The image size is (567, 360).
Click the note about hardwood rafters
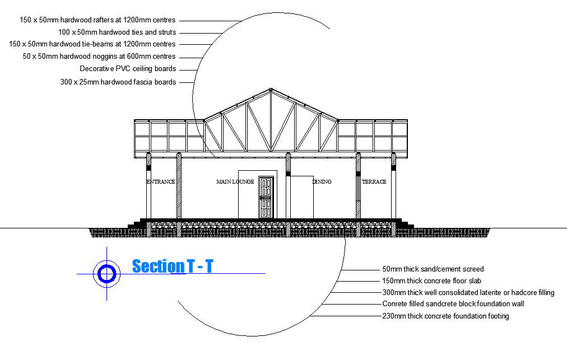pos(97,20)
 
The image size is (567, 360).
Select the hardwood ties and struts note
pos(117,32)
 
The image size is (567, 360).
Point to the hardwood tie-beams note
pos(92,44)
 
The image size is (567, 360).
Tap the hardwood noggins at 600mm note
pos(99,56)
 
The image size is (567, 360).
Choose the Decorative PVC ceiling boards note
pos(128,69)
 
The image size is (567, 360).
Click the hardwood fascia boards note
pos(118,82)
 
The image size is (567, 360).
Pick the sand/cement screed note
pos(433,269)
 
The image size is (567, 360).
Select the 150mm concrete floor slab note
pos(431,281)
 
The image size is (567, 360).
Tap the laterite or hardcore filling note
pos(468,293)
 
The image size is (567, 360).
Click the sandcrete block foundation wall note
pos(453,304)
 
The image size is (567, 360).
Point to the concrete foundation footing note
pos(445,316)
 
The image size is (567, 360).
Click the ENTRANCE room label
pos(161,182)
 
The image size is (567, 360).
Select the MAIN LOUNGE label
pos(235,182)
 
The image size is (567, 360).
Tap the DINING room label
pos(322,182)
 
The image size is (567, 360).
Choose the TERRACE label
pos(374,182)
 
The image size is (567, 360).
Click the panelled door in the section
pos(266,197)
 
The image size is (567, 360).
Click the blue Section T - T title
pos(173,267)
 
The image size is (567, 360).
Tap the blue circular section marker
pos(106,273)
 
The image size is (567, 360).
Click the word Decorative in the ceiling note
pos(96,69)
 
